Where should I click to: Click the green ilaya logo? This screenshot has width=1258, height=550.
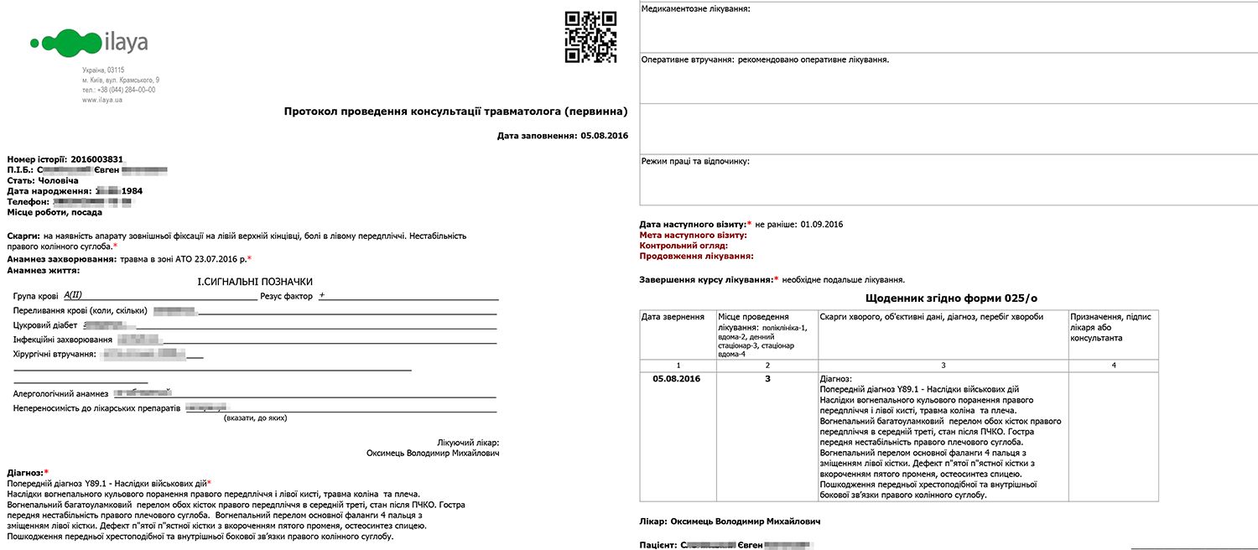88,41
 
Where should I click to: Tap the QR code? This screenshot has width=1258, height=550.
590,36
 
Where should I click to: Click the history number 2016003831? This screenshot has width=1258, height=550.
97,159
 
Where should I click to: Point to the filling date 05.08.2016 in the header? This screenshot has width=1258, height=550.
604,136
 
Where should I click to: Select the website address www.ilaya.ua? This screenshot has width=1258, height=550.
102,100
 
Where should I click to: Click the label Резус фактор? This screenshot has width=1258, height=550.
286,296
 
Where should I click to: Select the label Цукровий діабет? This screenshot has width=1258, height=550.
45,325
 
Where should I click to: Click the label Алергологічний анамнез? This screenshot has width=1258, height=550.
61,393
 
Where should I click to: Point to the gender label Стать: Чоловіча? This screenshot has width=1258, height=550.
43,180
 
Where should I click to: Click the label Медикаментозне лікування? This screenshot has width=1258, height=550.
695,9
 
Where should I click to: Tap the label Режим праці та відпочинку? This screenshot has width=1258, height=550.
695,161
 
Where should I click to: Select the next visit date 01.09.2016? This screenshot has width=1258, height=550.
822,225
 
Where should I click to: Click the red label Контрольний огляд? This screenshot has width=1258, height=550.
684,246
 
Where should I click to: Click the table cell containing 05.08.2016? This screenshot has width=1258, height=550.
676,379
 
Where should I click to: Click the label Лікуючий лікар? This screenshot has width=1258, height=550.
469,442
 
